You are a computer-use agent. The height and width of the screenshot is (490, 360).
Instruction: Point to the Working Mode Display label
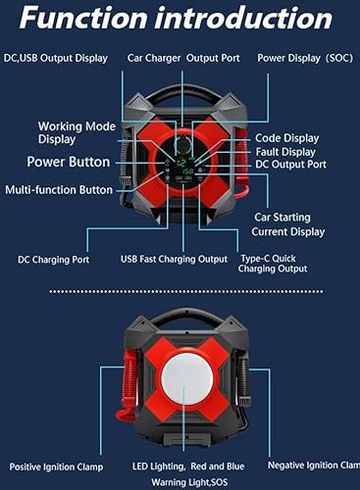(74, 133)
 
